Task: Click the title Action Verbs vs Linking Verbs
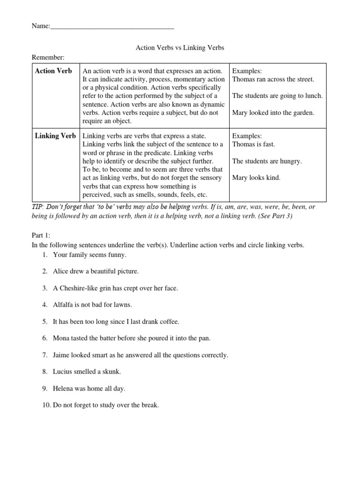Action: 180,48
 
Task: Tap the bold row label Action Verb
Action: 53,71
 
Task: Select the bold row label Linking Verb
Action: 55,136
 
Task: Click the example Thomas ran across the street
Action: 273,79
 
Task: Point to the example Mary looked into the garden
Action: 273,112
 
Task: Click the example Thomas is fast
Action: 254,144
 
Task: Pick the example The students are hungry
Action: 267,161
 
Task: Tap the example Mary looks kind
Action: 256,178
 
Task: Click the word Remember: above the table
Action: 48,57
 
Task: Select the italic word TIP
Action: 37,207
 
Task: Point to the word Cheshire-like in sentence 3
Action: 78,288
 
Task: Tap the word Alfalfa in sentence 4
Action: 64,304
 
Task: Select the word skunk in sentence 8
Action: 111,371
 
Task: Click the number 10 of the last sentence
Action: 46,405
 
